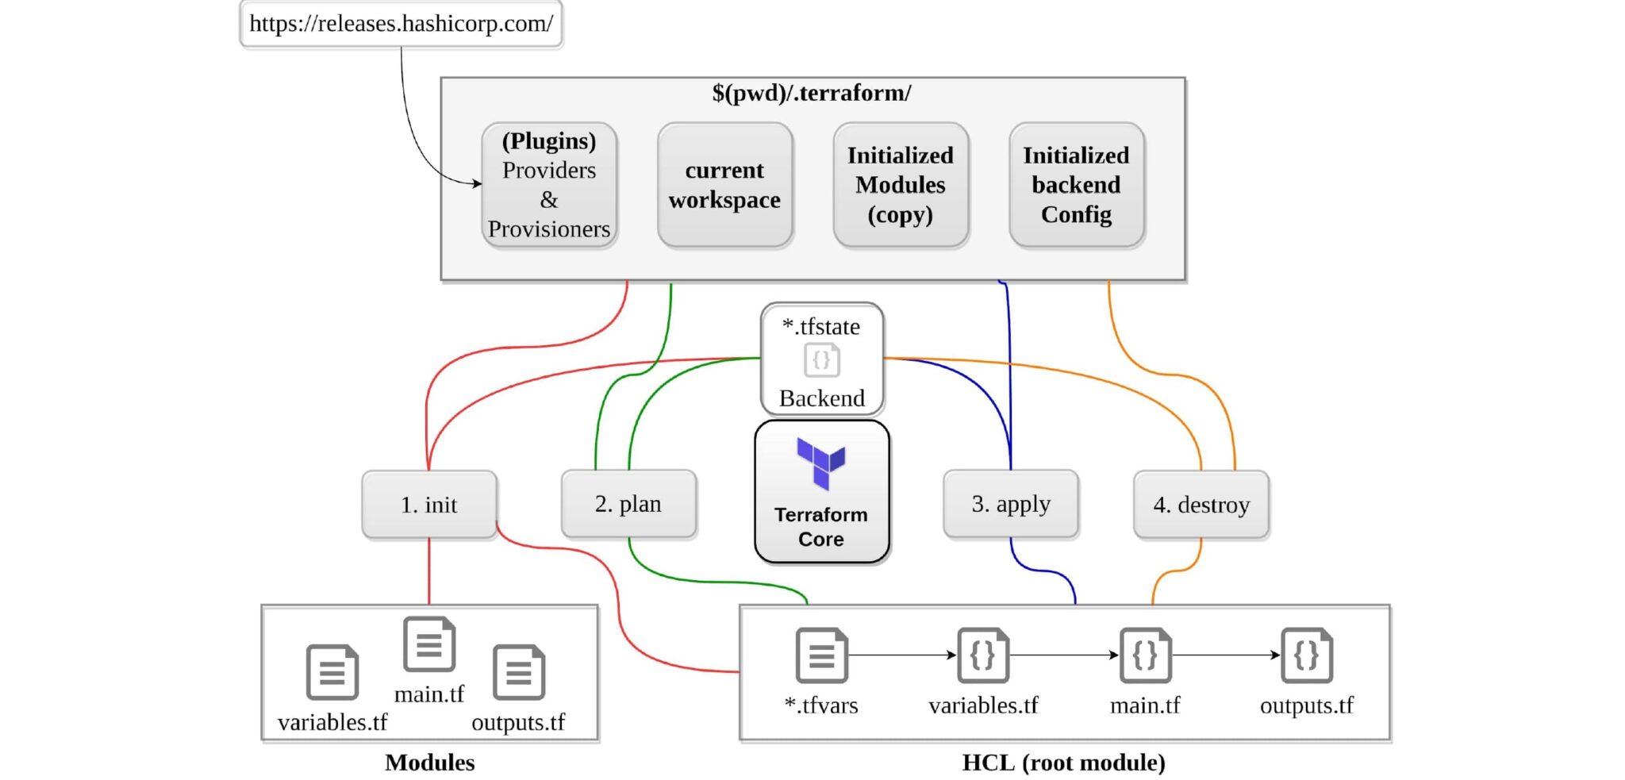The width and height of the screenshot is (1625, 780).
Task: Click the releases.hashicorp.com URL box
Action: coord(401,24)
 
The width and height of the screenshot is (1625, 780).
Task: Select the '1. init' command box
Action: coord(429,505)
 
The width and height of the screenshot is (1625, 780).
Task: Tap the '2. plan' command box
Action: coord(628,504)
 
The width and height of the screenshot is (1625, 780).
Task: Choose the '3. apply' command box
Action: coord(1011,504)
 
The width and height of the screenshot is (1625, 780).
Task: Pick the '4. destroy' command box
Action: coord(1201,505)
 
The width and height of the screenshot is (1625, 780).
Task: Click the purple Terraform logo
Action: coord(821,463)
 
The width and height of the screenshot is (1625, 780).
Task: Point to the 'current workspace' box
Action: coord(725,185)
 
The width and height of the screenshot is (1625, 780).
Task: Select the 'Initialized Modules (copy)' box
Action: coord(901,185)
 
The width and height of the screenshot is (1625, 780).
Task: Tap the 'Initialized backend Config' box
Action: coord(1077,185)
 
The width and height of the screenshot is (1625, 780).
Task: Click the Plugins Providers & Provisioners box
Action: coord(549,185)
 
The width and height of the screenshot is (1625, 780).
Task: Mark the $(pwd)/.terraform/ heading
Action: coord(812,93)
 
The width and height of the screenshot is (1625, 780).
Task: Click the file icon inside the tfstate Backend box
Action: coord(822,360)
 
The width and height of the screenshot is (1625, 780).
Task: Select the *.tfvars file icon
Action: coord(822,655)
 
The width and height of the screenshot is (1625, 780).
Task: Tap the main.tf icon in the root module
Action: coord(1145,655)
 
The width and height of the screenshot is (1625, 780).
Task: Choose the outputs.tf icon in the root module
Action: coord(1307,655)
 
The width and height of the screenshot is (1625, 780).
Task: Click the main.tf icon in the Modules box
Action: coord(429,644)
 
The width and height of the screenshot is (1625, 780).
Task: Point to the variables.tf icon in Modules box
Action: coord(332,672)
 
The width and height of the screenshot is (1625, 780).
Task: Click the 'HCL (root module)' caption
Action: coord(1064,763)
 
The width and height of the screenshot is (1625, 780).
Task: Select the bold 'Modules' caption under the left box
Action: coord(430,763)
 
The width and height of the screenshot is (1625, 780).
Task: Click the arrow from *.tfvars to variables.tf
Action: coord(902,655)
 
